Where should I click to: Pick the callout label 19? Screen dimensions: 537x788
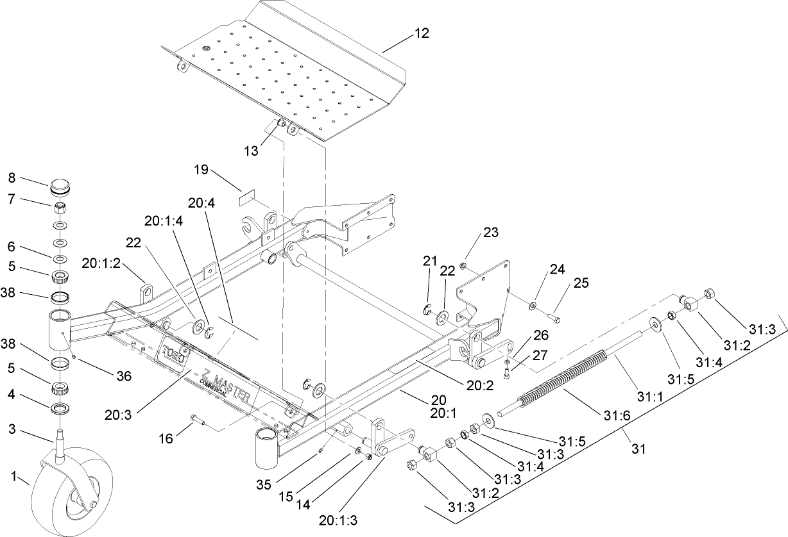coord(201,170)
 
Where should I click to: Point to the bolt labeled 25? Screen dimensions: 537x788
coord(553,315)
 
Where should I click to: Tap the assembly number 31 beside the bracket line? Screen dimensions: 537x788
coord(637,449)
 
